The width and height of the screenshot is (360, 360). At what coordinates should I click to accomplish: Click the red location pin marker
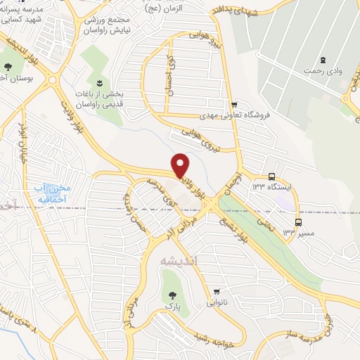(181, 164)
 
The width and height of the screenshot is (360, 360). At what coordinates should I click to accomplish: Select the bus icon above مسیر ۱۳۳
(298, 222)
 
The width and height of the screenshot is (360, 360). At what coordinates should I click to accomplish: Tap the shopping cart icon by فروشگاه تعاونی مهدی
(234, 105)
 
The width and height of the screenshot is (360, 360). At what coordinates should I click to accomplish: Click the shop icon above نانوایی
(217, 292)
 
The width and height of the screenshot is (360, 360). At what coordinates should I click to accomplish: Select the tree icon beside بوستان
(8, 67)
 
